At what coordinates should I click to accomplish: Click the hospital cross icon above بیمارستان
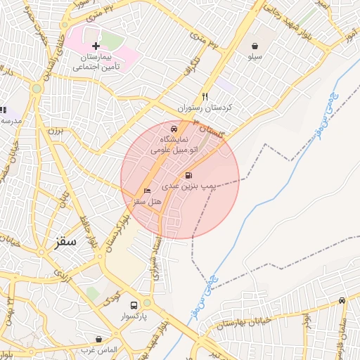96,46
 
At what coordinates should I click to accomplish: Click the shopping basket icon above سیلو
253,46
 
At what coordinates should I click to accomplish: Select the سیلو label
253,56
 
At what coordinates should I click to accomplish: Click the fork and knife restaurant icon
205,96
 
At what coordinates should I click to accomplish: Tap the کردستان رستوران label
205,109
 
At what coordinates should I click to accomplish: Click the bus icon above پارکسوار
134,306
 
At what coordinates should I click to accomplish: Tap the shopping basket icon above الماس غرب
98,339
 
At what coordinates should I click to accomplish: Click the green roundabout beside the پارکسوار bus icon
147,303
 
